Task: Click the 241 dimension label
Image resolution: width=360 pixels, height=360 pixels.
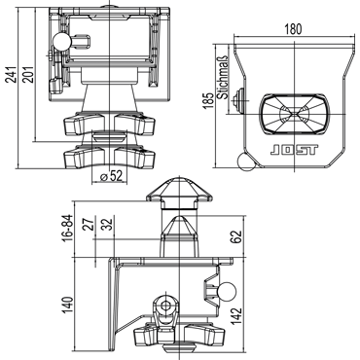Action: tap(12, 75)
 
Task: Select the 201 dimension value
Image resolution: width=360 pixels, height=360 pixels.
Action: tap(29, 75)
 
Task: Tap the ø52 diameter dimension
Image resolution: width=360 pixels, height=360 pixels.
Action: tap(111, 176)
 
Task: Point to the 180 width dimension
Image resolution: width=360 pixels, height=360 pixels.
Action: tap(293, 29)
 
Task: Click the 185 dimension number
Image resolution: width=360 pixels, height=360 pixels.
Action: tap(209, 100)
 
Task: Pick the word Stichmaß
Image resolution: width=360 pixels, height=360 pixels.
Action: tap(223, 77)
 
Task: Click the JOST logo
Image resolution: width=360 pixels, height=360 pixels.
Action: tap(294, 150)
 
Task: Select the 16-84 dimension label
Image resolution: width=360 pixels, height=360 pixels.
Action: tap(68, 229)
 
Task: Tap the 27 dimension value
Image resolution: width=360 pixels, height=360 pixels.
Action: tap(88, 223)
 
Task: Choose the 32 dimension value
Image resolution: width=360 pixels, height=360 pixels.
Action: tap(106, 224)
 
